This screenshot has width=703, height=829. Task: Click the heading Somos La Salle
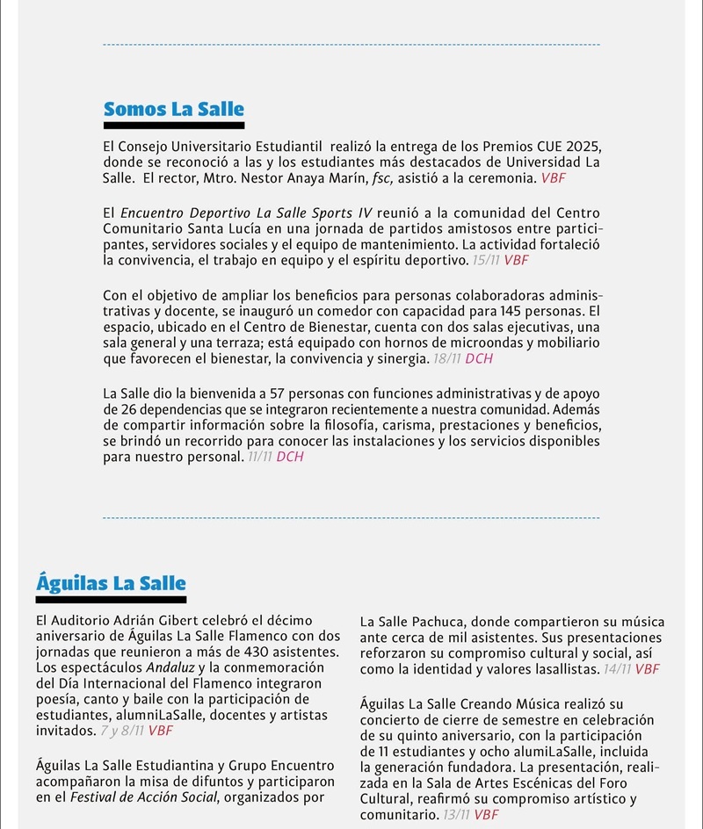click(173, 110)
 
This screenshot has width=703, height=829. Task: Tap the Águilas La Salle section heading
click(111, 583)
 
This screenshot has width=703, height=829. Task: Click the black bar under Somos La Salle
click(173, 126)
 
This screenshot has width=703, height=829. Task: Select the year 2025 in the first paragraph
click(562, 146)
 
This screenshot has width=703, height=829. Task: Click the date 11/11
click(258, 458)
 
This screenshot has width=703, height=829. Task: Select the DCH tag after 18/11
click(480, 359)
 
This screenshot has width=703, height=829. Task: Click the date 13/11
click(456, 815)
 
